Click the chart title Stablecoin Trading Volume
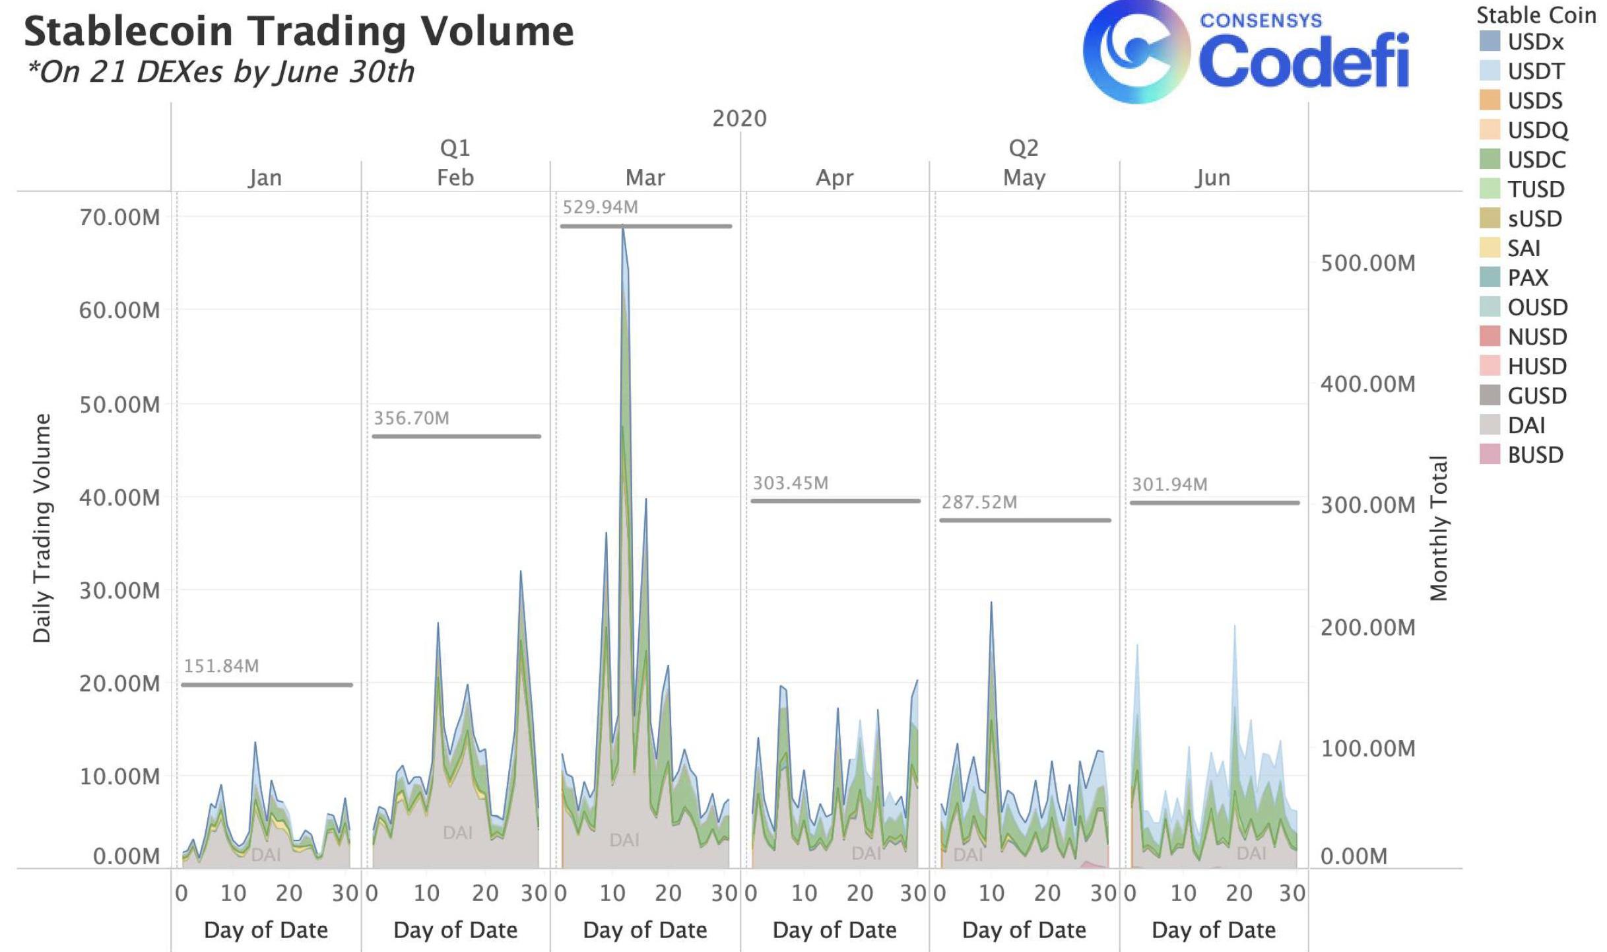coord(299,32)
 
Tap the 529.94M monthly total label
coord(600,207)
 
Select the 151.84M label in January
coord(221,666)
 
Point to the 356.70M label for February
coord(411,419)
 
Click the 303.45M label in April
coord(790,483)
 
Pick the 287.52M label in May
coord(979,502)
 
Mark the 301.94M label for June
coord(1169,485)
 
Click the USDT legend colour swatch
coord(1490,71)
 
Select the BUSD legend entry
coord(1535,455)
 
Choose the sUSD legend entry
coord(1534,219)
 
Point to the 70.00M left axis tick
coord(119,217)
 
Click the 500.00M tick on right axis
coord(1367,263)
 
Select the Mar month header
coord(645,178)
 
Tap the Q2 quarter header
coord(1023,148)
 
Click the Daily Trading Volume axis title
coord(42,527)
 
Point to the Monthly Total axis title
coord(1438,527)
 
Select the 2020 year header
coord(739,119)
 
